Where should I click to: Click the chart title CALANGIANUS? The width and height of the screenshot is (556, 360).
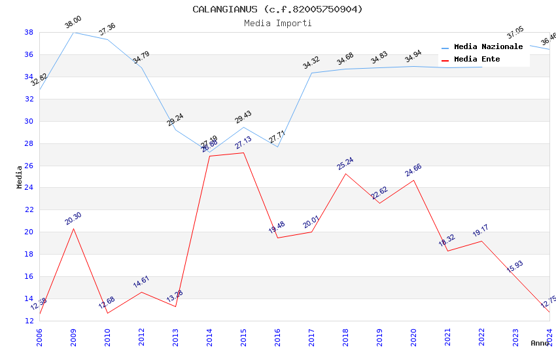277,9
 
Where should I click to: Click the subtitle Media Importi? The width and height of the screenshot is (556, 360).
277,24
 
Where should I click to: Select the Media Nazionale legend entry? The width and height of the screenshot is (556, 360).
488,47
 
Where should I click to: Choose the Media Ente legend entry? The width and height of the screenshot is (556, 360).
477,60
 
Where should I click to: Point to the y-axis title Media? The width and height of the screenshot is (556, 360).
20,177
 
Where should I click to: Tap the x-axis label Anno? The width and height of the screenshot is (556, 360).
540,343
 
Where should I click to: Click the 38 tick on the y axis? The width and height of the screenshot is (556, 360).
29,32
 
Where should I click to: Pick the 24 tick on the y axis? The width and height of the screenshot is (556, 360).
29,188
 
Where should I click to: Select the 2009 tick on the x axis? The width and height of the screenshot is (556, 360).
73,335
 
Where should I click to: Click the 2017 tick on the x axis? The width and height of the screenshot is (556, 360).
311,335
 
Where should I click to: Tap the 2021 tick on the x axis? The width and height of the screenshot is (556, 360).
447,335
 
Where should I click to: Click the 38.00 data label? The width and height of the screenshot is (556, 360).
73,24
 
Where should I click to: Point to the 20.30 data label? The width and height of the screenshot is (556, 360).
73,219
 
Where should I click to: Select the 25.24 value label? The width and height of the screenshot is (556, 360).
345,164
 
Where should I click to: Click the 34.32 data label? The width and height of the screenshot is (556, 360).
311,63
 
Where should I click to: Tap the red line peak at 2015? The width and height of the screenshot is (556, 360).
243,153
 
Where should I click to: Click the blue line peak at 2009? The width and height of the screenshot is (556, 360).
73,32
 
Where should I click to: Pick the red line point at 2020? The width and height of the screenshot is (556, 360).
413,180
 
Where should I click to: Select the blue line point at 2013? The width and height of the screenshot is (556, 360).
175,130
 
